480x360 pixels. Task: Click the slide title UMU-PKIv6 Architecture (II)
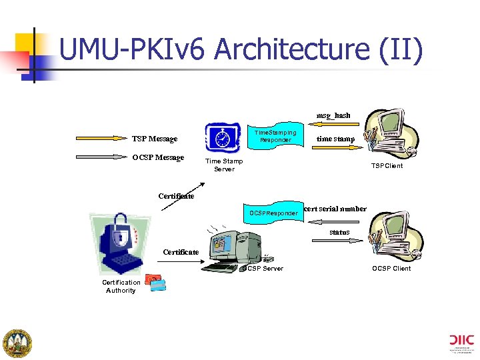[x=241, y=51]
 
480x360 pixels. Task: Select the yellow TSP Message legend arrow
[x=103, y=139]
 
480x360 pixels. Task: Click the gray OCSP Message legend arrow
[x=103, y=158]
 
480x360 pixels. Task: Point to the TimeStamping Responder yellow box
[x=275, y=137]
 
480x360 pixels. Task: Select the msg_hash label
[x=333, y=115]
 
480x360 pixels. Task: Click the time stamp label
[x=335, y=139]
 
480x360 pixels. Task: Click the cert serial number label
[x=335, y=209]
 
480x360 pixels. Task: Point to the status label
[x=339, y=232]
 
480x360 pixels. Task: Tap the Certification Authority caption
[x=121, y=286]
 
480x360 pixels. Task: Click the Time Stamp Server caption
[x=224, y=165]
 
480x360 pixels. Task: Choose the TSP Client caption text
[x=387, y=166]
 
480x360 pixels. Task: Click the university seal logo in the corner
[x=18, y=343]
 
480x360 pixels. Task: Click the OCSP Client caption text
[x=391, y=269]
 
